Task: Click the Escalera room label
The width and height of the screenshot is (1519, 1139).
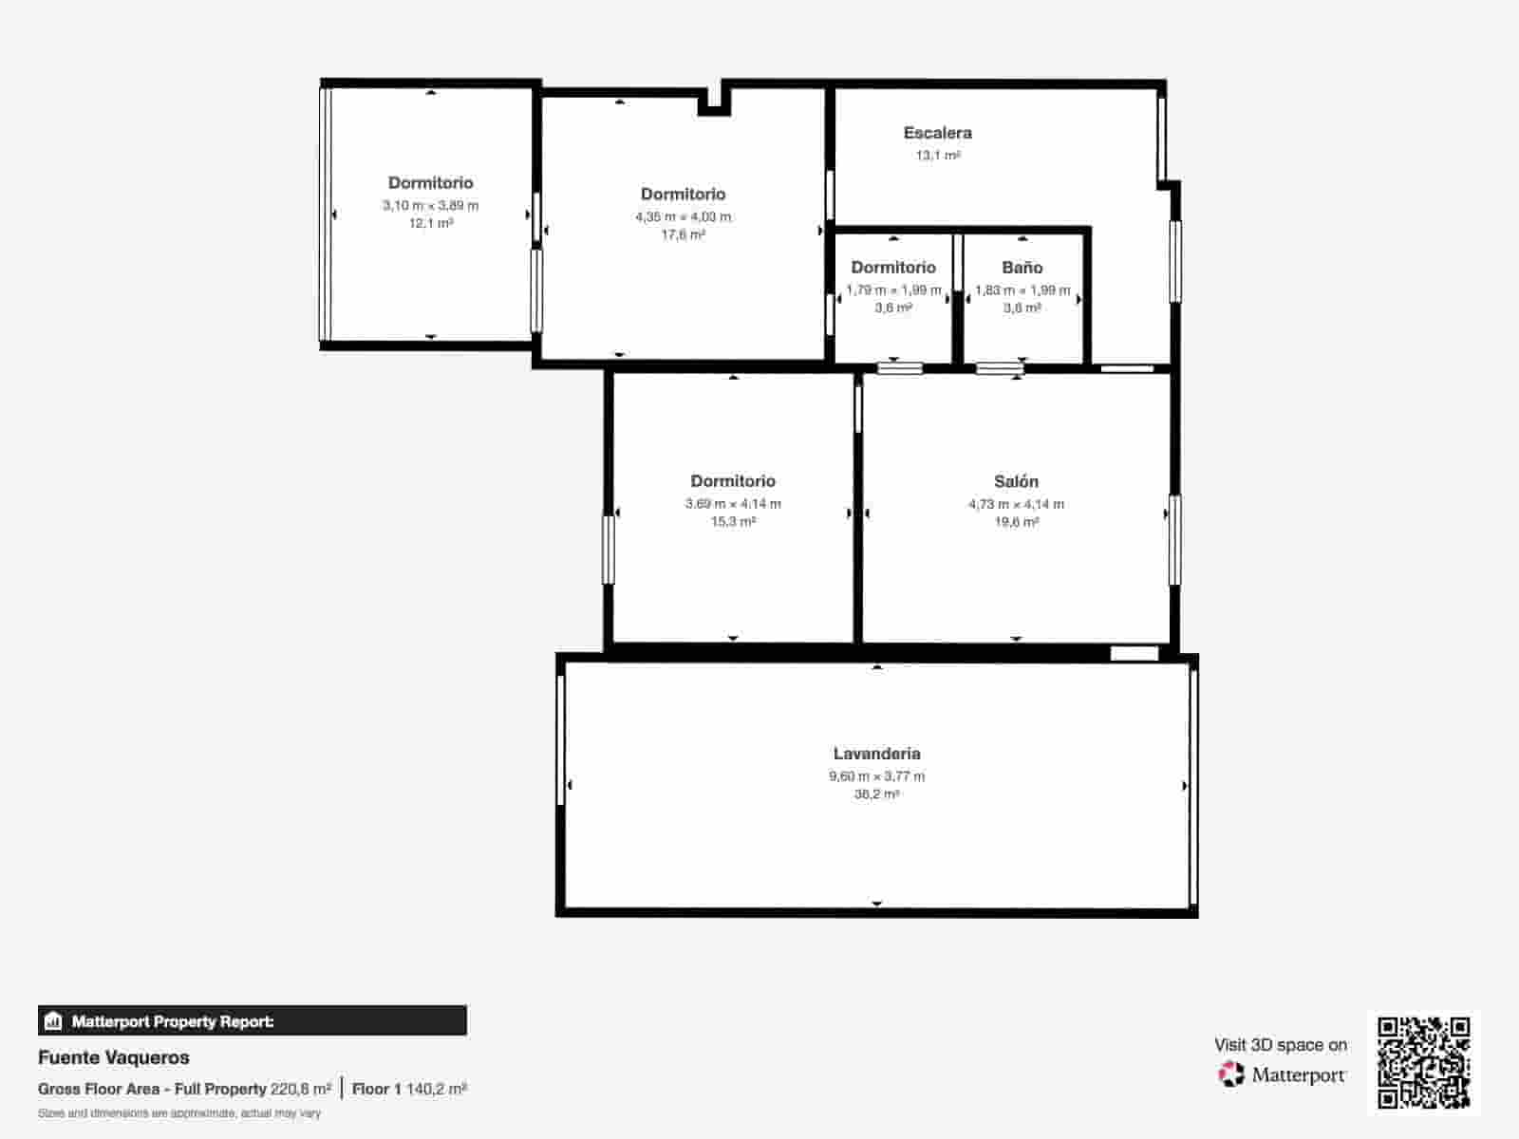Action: (x=937, y=133)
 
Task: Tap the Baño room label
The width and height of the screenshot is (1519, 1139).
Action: (x=1022, y=268)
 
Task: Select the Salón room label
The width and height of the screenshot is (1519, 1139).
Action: (x=1016, y=481)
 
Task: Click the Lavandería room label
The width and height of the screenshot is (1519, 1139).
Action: (x=876, y=754)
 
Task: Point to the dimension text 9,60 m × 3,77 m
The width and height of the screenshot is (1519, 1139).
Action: (x=876, y=776)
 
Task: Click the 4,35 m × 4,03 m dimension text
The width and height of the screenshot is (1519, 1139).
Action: (x=683, y=217)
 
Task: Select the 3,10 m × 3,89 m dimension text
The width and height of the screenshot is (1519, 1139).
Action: (x=430, y=206)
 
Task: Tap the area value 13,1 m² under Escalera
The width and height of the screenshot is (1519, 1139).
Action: (x=937, y=156)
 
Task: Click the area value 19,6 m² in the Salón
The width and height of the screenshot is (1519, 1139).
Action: (x=1016, y=522)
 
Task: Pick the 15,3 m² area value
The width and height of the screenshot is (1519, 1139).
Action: (x=733, y=522)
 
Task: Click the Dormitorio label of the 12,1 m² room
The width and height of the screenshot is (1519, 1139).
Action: (x=430, y=183)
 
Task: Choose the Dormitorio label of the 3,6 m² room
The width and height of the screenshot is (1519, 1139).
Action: (x=892, y=268)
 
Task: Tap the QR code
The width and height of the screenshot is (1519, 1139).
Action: (x=1423, y=1062)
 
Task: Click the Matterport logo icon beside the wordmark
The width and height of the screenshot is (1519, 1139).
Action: (x=1231, y=1074)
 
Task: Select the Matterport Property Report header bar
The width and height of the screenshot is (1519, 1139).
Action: (x=253, y=1021)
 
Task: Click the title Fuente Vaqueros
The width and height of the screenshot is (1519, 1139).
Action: (x=114, y=1057)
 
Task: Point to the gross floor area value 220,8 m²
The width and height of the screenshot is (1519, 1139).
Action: (x=301, y=1089)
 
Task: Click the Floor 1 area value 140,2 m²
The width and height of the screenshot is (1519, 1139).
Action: (x=436, y=1089)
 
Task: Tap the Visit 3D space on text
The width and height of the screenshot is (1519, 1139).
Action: (x=1280, y=1045)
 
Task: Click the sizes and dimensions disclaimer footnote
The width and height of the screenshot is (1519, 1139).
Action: (x=179, y=1113)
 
